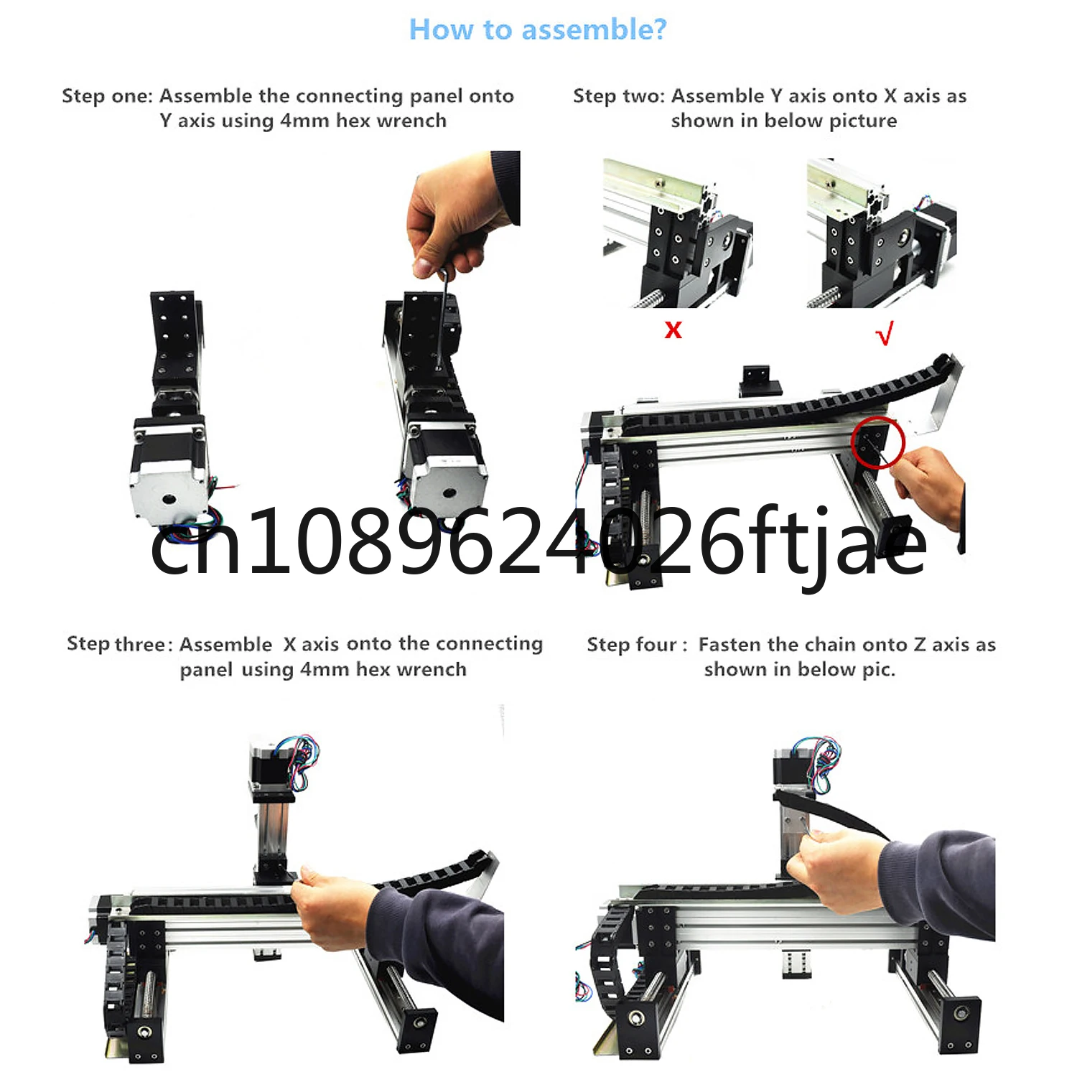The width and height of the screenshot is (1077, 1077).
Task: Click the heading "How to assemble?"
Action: [538, 30]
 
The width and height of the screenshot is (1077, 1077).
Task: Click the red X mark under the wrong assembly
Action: [673, 330]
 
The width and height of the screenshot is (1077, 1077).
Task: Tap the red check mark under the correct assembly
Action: [885, 332]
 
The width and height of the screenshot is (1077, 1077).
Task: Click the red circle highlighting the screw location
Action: [877, 442]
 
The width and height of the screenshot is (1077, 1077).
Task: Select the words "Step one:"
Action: [107, 96]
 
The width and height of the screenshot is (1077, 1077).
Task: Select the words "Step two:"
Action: [619, 96]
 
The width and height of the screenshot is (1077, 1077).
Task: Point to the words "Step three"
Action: [116, 644]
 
